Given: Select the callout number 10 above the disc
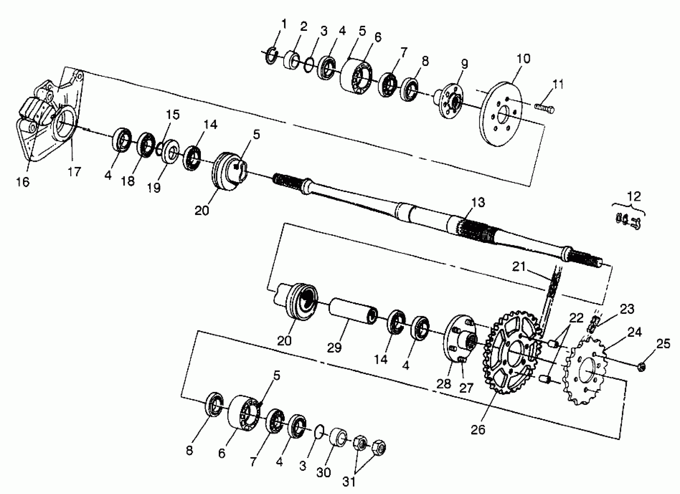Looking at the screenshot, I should pos(524,59).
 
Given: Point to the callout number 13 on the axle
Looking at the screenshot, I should pos(478,203).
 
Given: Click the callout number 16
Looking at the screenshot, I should pos(23,182).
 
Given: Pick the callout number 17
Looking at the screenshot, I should pos(74,172).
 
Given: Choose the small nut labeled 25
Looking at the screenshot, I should pos(641,367).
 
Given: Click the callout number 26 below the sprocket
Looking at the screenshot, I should pos(478,430).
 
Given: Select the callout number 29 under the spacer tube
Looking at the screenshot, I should pos(334,348).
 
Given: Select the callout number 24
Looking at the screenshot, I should pos(634,332).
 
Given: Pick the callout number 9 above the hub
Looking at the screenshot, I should pos(464,64).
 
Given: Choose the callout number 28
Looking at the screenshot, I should pos(444,384).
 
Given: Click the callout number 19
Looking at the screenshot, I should pos(154,188).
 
